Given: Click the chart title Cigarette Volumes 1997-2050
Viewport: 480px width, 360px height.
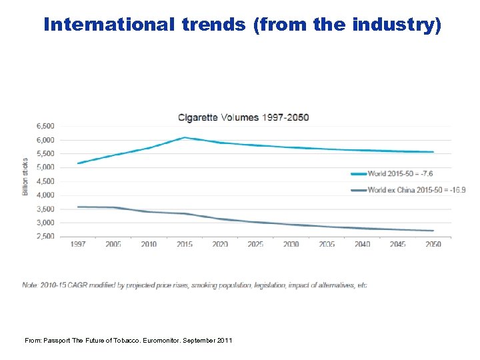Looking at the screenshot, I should tap(243, 117).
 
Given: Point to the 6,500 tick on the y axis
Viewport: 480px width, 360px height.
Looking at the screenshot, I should tap(45, 126).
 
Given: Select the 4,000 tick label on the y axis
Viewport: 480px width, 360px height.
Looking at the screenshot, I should tap(45, 195).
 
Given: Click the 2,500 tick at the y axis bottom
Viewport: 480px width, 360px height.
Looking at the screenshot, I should tap(45, 237).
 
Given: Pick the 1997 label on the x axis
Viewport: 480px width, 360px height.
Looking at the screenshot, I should tap(78, 245).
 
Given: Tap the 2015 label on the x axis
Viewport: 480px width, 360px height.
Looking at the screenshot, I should tap(185, 245).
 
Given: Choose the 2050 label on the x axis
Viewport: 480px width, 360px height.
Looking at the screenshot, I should tap(433, 245).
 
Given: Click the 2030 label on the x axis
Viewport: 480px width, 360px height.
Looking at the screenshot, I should tap(291, 245).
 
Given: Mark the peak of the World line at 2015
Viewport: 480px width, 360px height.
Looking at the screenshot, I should tap(185, 137).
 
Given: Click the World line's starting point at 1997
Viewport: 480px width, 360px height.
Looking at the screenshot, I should tap(79, 163).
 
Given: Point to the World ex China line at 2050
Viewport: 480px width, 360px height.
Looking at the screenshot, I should tap(433, 231).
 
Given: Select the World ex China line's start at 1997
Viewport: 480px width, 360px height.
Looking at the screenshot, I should tap(79, 207).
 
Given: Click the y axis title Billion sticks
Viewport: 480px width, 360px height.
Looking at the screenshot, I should tap(25, 177).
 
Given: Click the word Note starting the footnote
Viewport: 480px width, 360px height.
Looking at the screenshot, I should tap(29, 285).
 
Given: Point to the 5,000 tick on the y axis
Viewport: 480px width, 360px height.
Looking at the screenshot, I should tap(45, 167).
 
